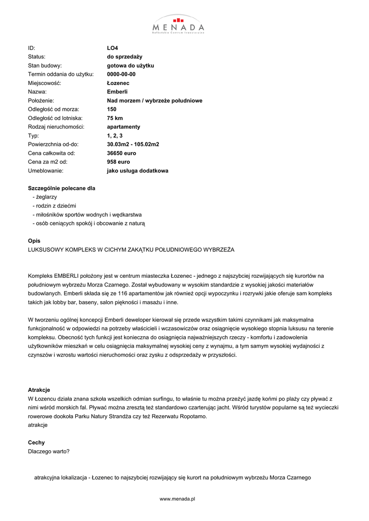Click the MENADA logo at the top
pyautogui.click(x=179, y=24)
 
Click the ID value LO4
pyautogui.click(x=112, y=48)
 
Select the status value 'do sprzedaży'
pyautogui.click(x=124, y=56)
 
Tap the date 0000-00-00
pyautogui.click(x=121, y=74)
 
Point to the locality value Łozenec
pyautogui.click(x=118, y=83)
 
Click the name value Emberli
pyautogui.click(x=117, y=92)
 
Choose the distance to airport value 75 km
pyautogui.click(x=115, y=118)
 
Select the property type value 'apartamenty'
pyautogui.click(x=123, y=127)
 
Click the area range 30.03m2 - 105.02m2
pyautogui.click(x=133, y=144)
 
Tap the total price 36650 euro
pyautogui.click(x=121, y=153)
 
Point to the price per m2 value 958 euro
pyautogui.click(x=118, y=162)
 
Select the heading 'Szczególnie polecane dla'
pyautogui.click(x=62, y=188)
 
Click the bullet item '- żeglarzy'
pyautogui.click(x=44, y=197)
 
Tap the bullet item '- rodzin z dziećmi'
pyautogui.click(x=54, y=206)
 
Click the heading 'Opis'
pyautogui.click(x=34, y=241)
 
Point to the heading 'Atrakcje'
pyautogui.click(x=39, y=390)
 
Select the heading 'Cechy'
pyautogui.click(x=36, y=443)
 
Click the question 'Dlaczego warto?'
pyautogui.click(x=49, y=451)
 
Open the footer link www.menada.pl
pyautogui.click(x=178, y=499)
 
